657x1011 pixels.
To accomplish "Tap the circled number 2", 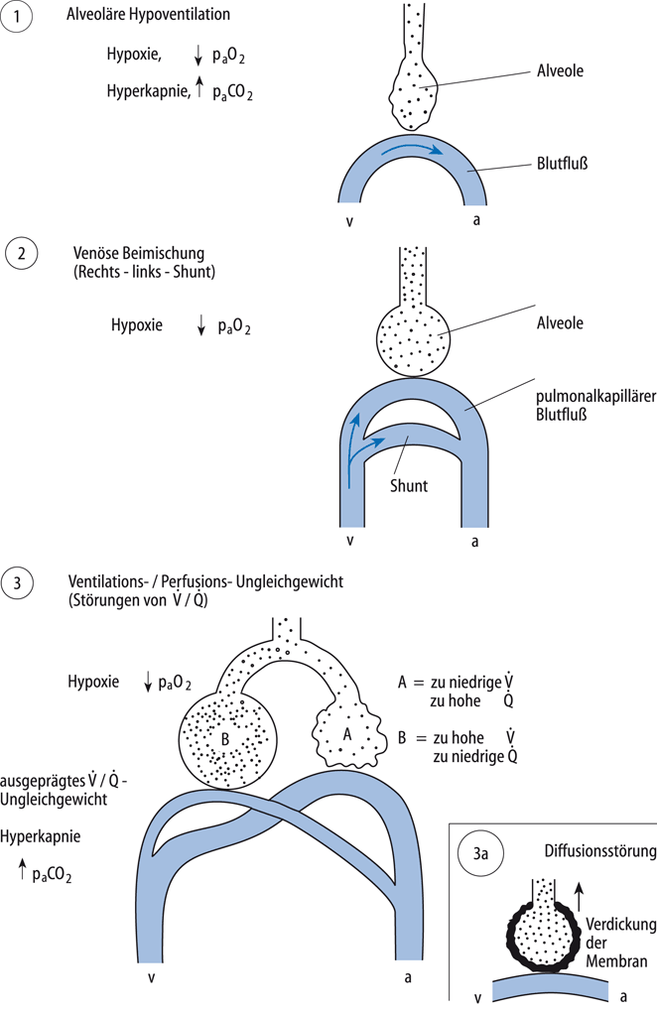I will tap(21, 254).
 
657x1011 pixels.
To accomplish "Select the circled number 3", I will tap(21, 581).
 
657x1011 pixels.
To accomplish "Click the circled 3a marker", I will tap(481, 852).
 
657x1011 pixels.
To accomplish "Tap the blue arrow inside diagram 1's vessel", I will tap(410, 148).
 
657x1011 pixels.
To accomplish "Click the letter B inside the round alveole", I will tap(224, 737).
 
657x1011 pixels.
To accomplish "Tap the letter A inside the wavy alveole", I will tap(346, 734).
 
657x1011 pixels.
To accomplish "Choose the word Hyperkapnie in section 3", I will tap(41, 835).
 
